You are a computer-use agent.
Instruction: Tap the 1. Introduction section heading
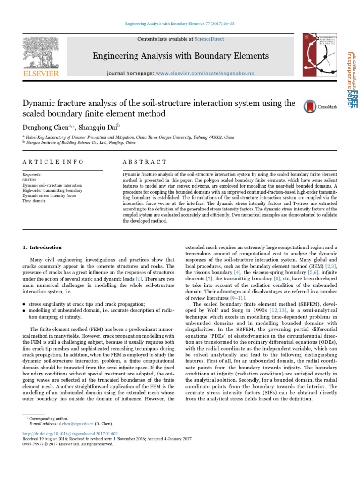click(42, 247)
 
